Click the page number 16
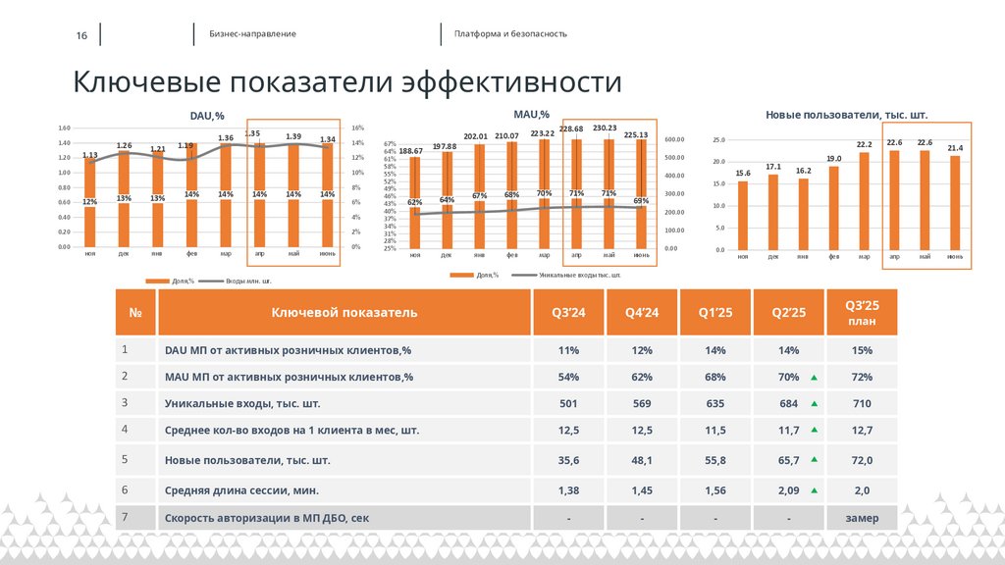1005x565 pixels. click(81, 35)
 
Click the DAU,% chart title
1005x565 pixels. click(207, 116)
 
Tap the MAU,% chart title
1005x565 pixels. click(531, 115)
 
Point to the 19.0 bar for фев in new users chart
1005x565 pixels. click(833, 207)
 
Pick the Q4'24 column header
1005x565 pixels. click(642, 312)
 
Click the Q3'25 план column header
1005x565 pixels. click(862, 312)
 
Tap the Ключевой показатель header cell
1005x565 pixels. click(344, 312)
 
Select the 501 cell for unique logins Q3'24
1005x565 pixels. click(568, 403)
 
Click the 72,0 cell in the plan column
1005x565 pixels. click(862, 460)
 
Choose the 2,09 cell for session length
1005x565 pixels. click(788, 489)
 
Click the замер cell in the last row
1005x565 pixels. click(862, 518)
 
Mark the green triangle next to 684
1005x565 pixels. click(814, 404)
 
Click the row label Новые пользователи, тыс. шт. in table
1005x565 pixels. click(247, 460)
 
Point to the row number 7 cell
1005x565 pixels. click(124, 517)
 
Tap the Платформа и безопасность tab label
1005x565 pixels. click(510, 33)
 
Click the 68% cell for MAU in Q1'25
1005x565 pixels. click(714, 377)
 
